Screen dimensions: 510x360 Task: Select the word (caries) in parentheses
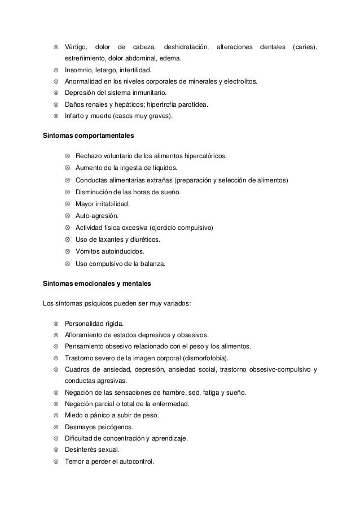(305, 46)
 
